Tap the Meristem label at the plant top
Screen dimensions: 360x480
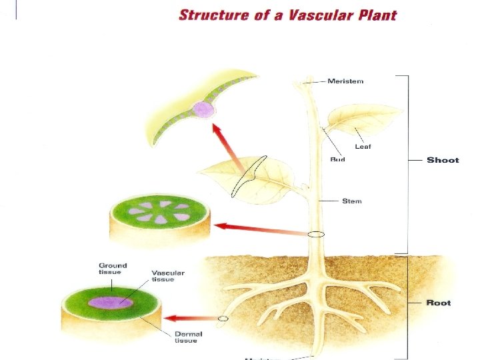point(345,81)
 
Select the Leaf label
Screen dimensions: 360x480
point(363,147)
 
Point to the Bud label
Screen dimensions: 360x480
point(337,160)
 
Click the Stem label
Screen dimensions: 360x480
point(352,200)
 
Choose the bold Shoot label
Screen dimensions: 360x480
point(443,160)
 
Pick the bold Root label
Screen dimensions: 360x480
point(439,303)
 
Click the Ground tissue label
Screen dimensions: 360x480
point(113,269)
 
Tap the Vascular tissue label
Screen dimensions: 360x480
point(167,276)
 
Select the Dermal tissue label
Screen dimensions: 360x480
point(188,337)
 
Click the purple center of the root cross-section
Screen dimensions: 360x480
point(111,302)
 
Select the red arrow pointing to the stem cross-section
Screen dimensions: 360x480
point(260,229)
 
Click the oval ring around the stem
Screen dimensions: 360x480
point(317,235)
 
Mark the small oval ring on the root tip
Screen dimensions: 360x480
point(223,319)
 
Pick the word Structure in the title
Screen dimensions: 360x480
point(212,15)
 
